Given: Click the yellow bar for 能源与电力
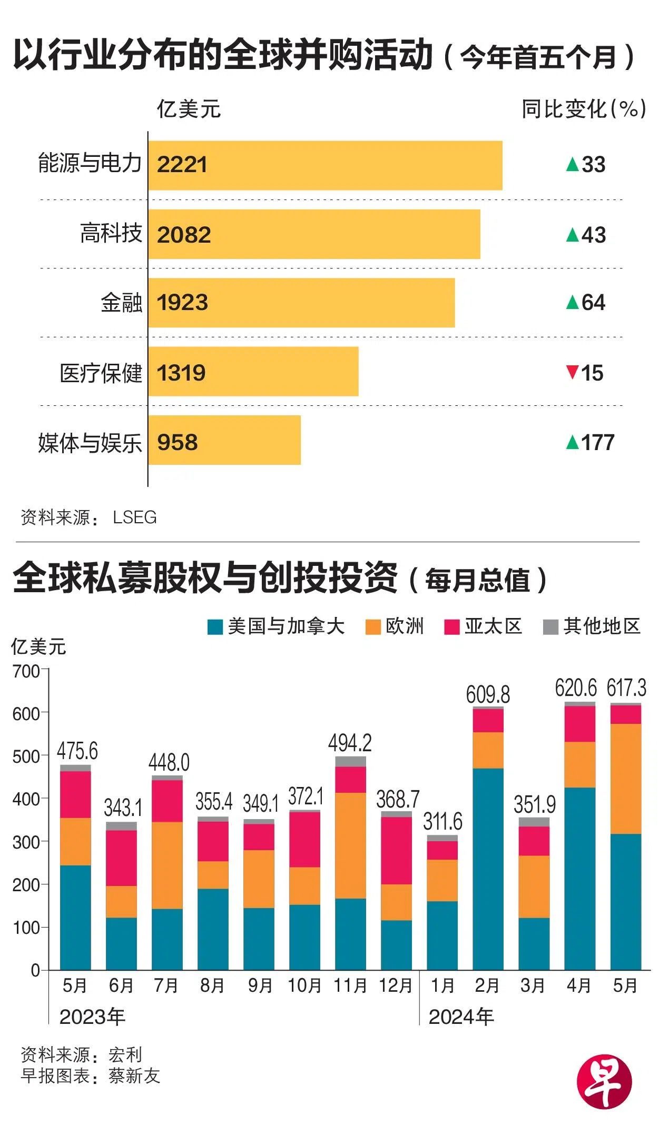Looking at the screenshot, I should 325,165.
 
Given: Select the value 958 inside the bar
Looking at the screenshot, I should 178,442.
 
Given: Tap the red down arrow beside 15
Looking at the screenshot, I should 572,372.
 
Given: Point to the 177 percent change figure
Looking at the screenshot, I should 598,443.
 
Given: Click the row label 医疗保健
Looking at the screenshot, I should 101,374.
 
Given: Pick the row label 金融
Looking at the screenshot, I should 122,303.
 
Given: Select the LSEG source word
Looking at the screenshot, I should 135,517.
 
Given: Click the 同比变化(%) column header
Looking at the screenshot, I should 584,109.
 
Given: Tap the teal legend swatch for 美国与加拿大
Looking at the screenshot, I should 215,627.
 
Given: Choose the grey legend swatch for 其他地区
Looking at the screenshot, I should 550,627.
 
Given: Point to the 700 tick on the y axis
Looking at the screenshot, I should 26,672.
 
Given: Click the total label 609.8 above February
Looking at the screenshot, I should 488,695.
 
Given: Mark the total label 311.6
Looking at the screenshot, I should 442,821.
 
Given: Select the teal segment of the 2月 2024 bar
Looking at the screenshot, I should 488,869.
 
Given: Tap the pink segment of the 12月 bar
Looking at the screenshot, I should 396,850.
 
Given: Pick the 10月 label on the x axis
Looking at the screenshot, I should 304,985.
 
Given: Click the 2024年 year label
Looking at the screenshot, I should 461,1017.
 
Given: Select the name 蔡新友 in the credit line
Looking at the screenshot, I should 134,1076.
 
